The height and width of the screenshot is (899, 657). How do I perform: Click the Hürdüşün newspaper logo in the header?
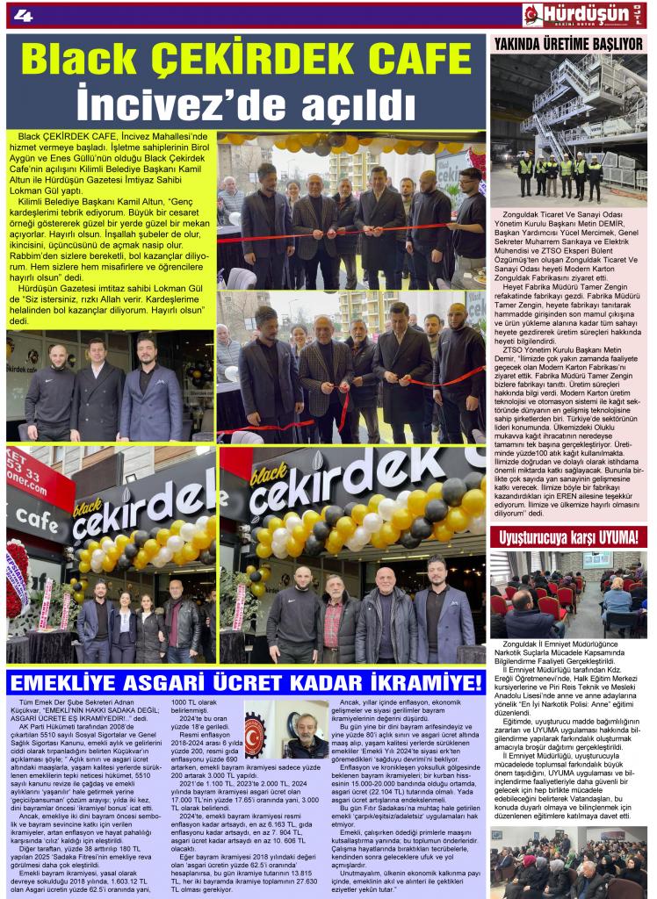click(582, 15)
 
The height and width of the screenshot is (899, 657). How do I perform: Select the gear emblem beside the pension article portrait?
click(256, 734)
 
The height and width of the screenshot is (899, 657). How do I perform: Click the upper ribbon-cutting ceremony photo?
click(351, 211)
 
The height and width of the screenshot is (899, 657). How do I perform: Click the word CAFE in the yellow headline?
click(412, 61)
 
